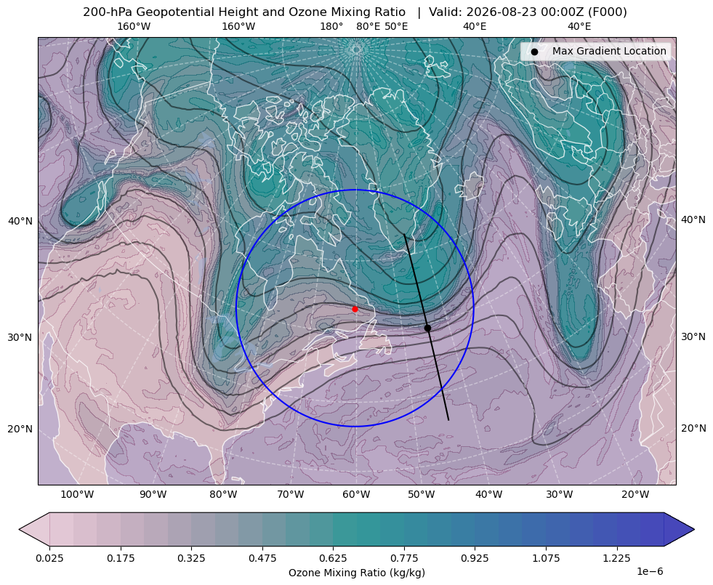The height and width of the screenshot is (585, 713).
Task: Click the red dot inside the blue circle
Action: click(355, 309)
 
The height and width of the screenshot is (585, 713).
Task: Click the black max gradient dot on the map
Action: click(427, 328)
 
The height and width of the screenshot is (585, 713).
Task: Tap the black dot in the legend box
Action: click(534, 52)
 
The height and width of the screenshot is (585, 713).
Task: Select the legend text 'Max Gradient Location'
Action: click(609, 51)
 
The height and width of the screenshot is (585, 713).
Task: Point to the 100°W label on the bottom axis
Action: click(77, 495)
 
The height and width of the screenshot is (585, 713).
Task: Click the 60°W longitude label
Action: click(356, 495)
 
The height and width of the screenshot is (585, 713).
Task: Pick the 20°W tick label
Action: click(635, 495)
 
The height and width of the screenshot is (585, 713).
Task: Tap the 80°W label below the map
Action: click(223, 495)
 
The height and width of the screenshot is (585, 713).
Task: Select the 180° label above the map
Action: click(331, 26)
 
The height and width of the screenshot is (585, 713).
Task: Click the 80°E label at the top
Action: click(368, 26)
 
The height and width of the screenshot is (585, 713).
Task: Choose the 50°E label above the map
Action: click(396, 26)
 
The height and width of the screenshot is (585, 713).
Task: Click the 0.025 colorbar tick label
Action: click(49, 558)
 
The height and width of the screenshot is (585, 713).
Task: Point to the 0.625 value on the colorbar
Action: click(333, 558)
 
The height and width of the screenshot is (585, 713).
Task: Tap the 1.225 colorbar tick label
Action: click(616, 558)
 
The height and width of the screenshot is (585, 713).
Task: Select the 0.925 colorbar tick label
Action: click(475, 558)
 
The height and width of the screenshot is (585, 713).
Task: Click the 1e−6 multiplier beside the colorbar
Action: click(650, 571)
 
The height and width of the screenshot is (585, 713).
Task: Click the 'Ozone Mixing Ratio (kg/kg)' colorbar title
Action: click(356, 572)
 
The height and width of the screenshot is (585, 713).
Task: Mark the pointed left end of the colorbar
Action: click(19, 529)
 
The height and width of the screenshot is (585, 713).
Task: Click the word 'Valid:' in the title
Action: click(442, 12)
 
